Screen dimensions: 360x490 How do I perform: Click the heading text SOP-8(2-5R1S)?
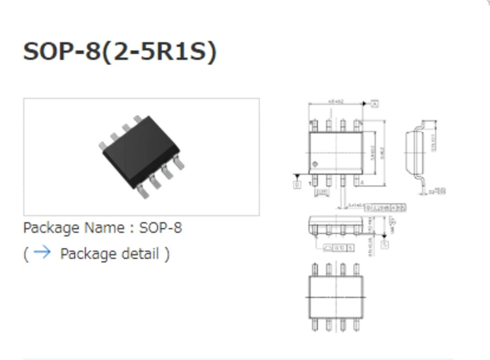point(120,52)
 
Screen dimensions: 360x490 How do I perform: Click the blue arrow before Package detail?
point(41,252)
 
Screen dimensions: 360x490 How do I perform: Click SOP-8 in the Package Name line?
point(160,227)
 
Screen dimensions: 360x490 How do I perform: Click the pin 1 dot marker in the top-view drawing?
point(315,164)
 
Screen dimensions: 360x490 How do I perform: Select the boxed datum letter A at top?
point(375,104)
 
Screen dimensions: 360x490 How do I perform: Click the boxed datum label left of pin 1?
point(297,184)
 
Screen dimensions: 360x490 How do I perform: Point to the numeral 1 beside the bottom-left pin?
point(310,183)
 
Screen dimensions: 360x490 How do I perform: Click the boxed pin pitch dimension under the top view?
point(322,192)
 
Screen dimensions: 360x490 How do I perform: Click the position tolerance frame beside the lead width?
point(385,207)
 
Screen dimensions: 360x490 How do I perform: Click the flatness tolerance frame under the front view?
point(338,248)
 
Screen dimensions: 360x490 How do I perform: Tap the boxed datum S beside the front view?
point(385,245)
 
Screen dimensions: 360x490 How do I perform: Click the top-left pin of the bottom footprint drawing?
point(315,269)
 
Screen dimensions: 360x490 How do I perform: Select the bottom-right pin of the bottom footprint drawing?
point(356,325)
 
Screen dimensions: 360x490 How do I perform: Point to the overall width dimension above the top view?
point(335,102)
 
